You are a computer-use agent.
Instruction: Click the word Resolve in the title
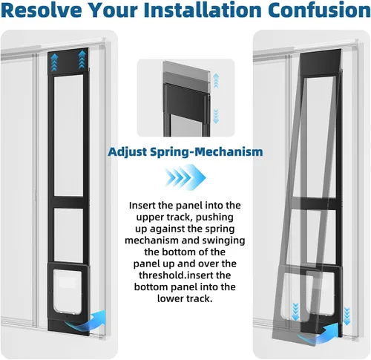click(x=42, y=10)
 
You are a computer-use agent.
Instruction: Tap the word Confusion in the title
click(x=319, y=10)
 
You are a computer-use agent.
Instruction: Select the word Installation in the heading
click(x=203, y=10)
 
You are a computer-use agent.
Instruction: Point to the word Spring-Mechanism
click(x=206, y=152)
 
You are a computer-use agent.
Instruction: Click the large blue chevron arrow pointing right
click(x=185, y=177)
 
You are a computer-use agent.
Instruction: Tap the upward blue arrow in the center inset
click(x=216, y=81)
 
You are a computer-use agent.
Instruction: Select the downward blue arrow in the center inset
click(x=216, y=117)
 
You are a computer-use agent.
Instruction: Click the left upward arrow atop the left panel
click(x=54, y=63)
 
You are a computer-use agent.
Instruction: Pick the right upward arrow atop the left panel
click(x=82, y=60)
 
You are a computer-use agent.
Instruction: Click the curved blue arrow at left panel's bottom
click(x=85, y=321)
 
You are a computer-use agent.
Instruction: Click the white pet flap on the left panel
click(x=68, y=292)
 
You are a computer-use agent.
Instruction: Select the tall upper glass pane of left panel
click(x=68, y=136)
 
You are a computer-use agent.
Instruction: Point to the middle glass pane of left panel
click(x=68, y=235)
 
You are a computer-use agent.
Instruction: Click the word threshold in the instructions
click(x=160, y=275)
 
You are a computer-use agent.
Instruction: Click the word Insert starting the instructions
click(x=141, y=206)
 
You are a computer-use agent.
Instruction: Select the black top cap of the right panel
click(x=321, y=62)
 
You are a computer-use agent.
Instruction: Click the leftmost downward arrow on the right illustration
click(x=295, y=312)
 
